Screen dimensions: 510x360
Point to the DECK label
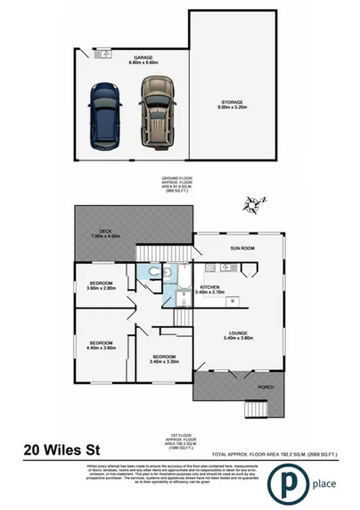(103, 234)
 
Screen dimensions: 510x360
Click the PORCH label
(266, 386)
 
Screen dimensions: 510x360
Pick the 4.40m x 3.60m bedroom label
(102, 345)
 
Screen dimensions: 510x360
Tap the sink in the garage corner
(103, 53)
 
